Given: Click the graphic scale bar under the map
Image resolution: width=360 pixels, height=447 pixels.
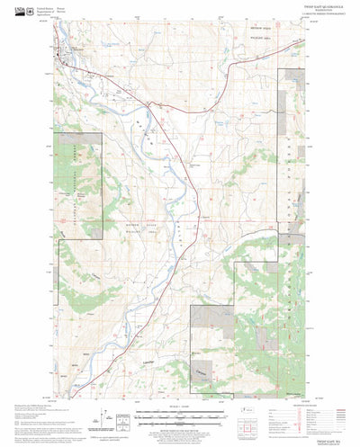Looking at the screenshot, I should [x=180, y=416].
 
